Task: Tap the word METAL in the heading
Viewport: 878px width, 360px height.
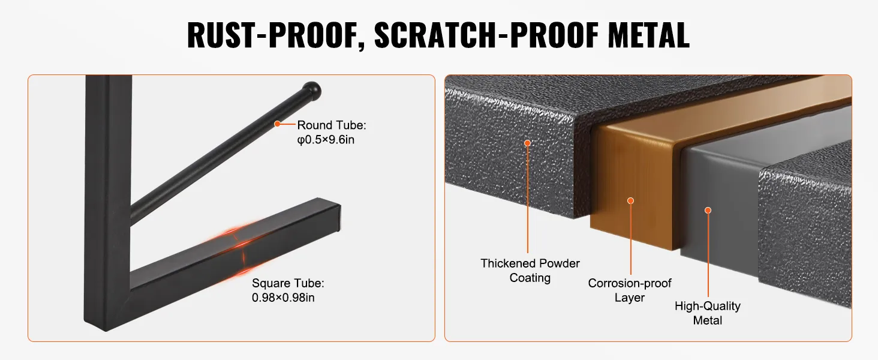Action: coord(648,35)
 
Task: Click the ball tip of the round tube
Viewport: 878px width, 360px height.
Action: coord(312,91)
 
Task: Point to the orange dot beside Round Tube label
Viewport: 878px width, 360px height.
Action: coord(278,124)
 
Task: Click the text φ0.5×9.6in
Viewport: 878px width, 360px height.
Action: coord(326,140)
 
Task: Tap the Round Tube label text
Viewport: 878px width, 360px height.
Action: coord(332,125)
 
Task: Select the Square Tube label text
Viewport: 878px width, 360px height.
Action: coord(288,283)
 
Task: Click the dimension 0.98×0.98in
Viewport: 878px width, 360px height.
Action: coord(283,298)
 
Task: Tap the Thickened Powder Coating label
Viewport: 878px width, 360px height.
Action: coord(530,271)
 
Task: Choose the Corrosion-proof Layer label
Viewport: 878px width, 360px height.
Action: coord(630,290)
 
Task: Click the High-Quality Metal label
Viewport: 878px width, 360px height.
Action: coord(708,313)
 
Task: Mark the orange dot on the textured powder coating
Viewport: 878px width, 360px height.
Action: coord(528,143)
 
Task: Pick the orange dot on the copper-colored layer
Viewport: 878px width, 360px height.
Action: coord(631,201)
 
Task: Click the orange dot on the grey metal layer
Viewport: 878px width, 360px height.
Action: coord(708,211)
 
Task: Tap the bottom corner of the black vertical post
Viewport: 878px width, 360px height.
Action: coord(107,331)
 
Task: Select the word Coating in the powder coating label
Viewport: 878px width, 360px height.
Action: coord(530,278)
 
